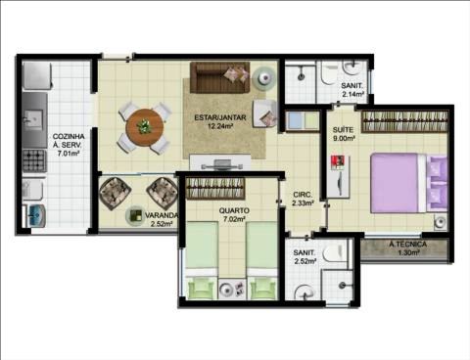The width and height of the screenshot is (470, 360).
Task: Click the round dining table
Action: pos(145,127)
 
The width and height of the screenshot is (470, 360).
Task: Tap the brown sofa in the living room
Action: pos(220,77)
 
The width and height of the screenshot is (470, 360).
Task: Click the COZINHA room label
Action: pos(69,137)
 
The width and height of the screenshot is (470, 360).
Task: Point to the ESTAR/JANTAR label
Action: pos(220,117)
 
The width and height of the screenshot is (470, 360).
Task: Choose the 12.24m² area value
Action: pos(220,126)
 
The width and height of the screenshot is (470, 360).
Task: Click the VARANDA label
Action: pos(162,215)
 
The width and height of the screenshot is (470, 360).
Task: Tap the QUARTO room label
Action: pos(234,210)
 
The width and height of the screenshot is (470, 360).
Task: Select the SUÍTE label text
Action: pos(343,130)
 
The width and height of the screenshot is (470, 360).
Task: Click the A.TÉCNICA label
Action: pos(408,244)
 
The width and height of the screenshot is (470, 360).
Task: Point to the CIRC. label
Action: pos(303,195)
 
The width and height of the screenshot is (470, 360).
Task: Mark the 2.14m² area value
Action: pos(352,94)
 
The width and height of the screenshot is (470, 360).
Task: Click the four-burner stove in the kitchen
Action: pos(34,160)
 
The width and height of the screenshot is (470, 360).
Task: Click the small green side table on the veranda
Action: pos(134,215)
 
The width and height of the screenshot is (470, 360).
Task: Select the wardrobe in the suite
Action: pos(404,121)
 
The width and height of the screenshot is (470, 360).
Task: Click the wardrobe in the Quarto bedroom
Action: pos(215,188)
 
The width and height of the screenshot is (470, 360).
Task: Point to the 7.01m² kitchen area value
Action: pos(69,154)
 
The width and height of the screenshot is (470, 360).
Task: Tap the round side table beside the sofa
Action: pos(264,78)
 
